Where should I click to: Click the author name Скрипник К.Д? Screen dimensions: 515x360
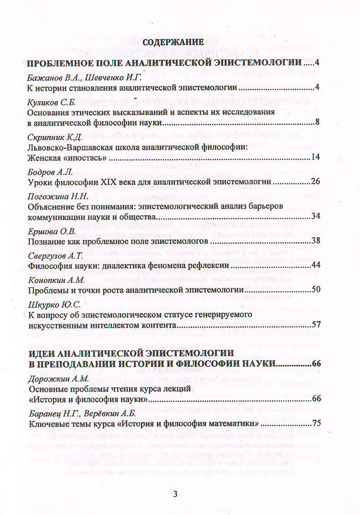[x=55, y=137]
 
